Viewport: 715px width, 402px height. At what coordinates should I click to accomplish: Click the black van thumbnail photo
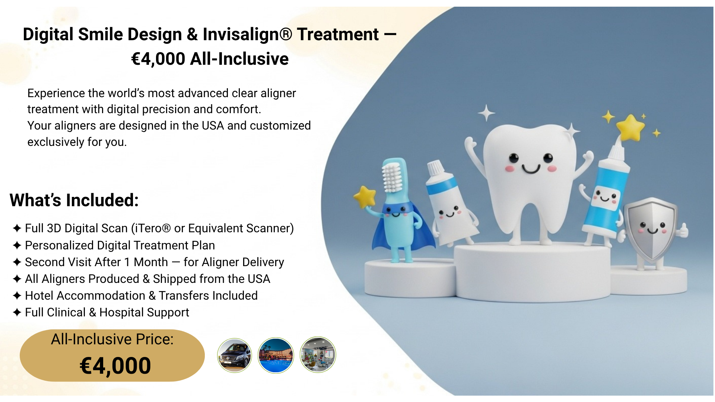pyautogui.click(x=235, y=355)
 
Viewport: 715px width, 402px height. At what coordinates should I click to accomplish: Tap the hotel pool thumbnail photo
pyautogui.click(x=276, y=355)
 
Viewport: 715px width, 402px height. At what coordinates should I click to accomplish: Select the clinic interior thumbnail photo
pyautogui.click(x=318, y=355)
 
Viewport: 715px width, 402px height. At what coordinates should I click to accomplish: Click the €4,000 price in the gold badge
pyautogui.click(x=115, y=366)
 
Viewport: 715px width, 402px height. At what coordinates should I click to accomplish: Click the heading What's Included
pyautogui.click(x=74, y=200)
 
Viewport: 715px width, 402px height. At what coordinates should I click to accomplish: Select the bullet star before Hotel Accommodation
pyautogui.click(x=17, y=296)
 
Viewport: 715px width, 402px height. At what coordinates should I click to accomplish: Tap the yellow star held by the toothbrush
pyautogui.click(x=365, y=197)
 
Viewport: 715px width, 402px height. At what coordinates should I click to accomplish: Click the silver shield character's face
pyautogui.click(x=652, y=228)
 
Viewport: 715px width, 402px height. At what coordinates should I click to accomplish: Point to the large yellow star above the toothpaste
pyautogui.click(x=630, y=128)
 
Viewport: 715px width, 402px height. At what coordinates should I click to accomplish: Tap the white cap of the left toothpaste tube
pyautogui.click(x=436, y=168)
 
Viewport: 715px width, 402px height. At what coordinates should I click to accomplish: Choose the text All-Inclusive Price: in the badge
pyautogui.click(x=112, y=339)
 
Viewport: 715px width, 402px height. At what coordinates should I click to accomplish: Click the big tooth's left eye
pyautogui.click(x=514, y=158)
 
